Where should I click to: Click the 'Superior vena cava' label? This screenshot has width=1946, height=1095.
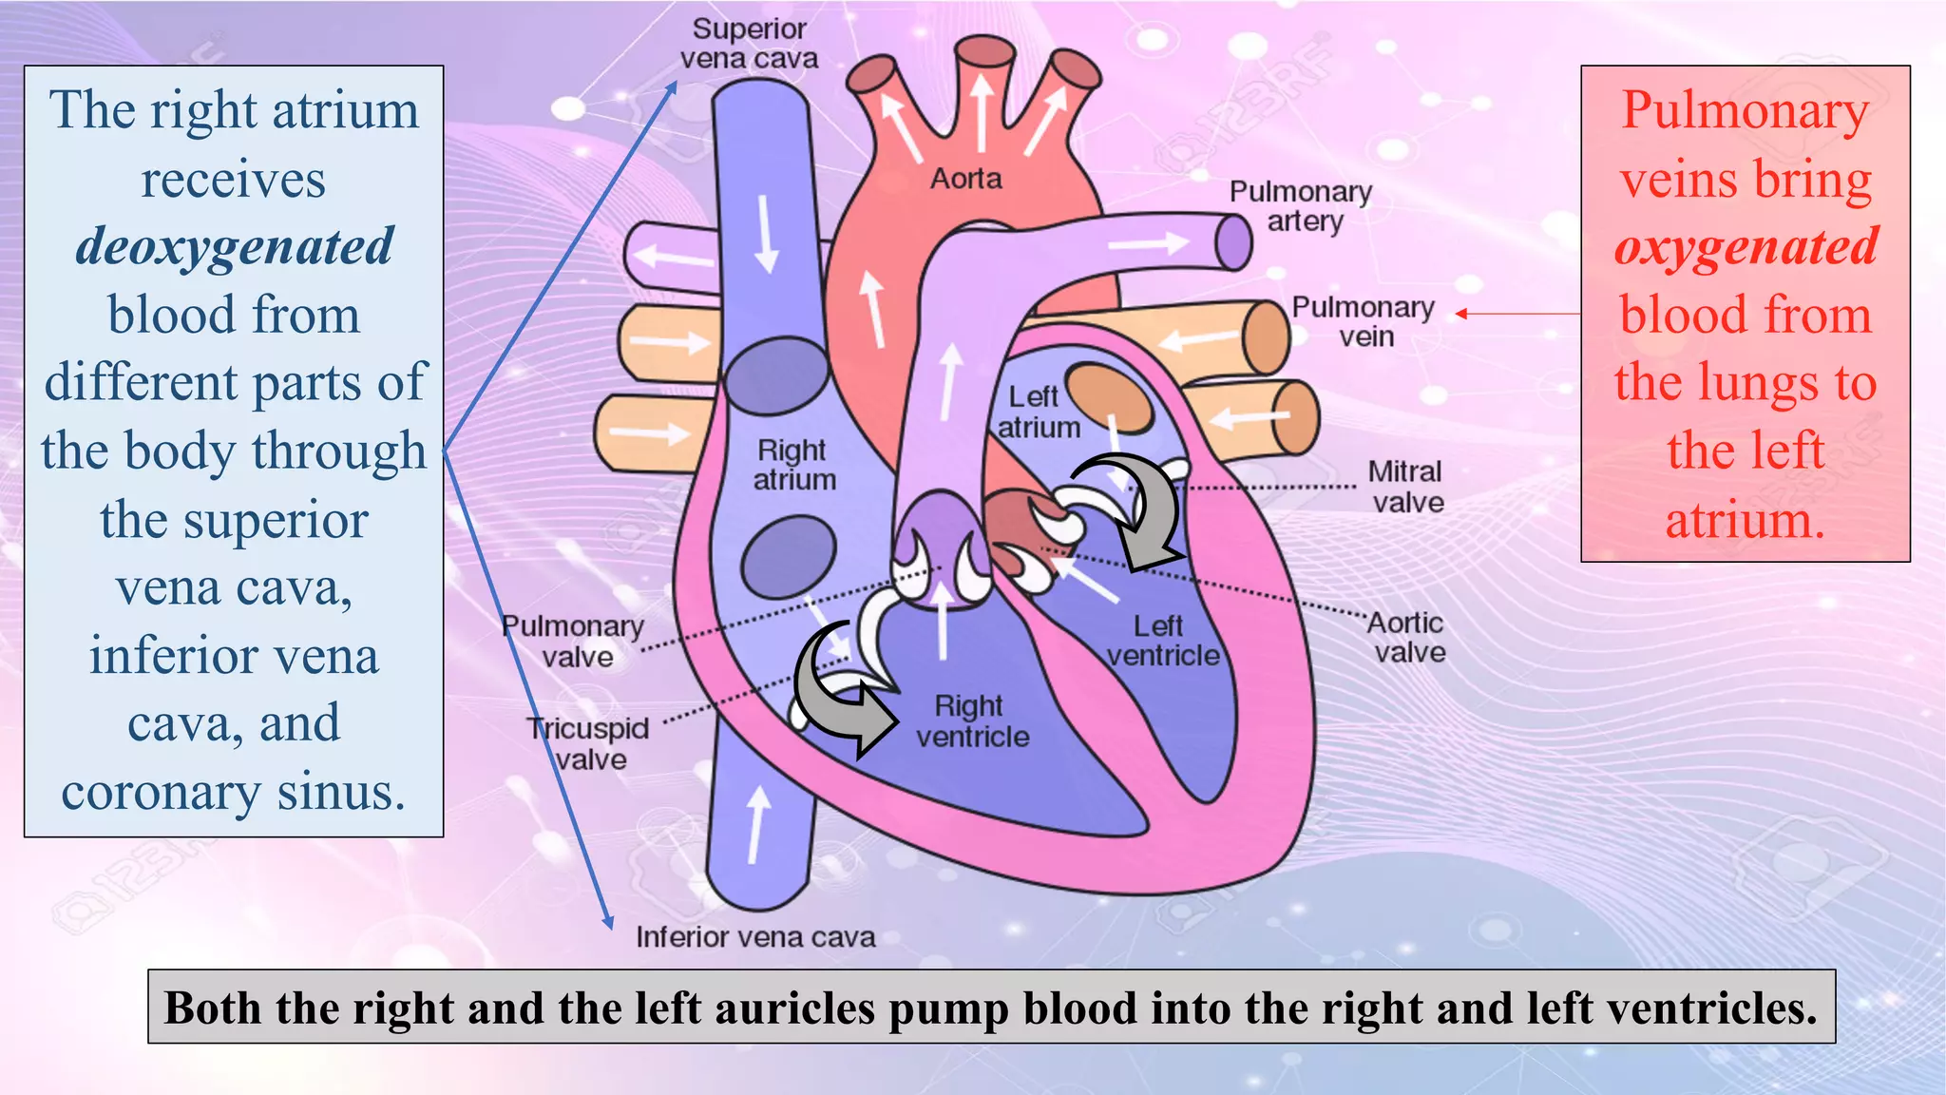tap(749, 44)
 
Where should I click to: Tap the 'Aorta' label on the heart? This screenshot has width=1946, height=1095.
tap(965, 179)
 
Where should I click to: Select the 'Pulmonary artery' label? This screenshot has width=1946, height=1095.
tap(1301, 206)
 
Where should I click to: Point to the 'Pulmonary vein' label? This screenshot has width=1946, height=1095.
tap(1364, 321)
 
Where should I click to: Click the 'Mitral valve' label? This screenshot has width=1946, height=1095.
tap(1406, 487)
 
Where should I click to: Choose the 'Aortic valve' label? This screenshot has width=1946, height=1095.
tap(1407, 638)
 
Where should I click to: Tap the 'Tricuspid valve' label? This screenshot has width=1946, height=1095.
tap(589, 743)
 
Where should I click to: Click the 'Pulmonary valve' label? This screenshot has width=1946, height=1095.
tap(573, 642)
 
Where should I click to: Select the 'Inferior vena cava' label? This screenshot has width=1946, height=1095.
tap(755, 937)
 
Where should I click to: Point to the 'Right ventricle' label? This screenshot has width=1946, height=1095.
tap(971, 720)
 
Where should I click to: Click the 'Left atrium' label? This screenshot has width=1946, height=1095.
tap(1038, 412)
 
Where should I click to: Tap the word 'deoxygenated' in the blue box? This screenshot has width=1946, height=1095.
tap(234, 247)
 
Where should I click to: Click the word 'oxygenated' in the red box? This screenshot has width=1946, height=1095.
tap(1746, 247)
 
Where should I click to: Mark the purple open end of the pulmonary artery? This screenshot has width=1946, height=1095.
tap(1233, 241)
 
